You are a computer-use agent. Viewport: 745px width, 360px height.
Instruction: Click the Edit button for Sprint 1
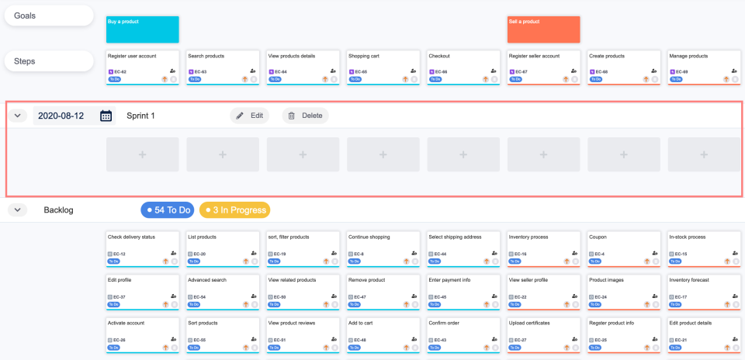[249, 116]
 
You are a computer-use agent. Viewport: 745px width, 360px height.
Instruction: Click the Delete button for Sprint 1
[305, 116]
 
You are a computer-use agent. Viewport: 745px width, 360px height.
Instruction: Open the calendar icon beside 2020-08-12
[106, 116]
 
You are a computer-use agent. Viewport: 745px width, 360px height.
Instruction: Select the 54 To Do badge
[168, 209]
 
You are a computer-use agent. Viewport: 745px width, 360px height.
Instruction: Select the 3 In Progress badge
[234, 209]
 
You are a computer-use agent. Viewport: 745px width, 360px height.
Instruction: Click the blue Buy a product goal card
[142, 29]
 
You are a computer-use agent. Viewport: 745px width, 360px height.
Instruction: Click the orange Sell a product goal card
[543, 29]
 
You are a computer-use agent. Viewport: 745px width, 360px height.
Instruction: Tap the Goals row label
[48, 16]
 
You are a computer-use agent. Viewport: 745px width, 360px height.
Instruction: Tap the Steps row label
[48, 61]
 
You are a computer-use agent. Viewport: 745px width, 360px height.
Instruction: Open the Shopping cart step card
[383, 67]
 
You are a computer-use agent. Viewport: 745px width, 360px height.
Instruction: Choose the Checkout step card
[463, 67]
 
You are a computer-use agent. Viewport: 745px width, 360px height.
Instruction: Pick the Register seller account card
[543, 67]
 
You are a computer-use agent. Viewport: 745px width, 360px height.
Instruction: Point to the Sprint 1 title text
[140, 116]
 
